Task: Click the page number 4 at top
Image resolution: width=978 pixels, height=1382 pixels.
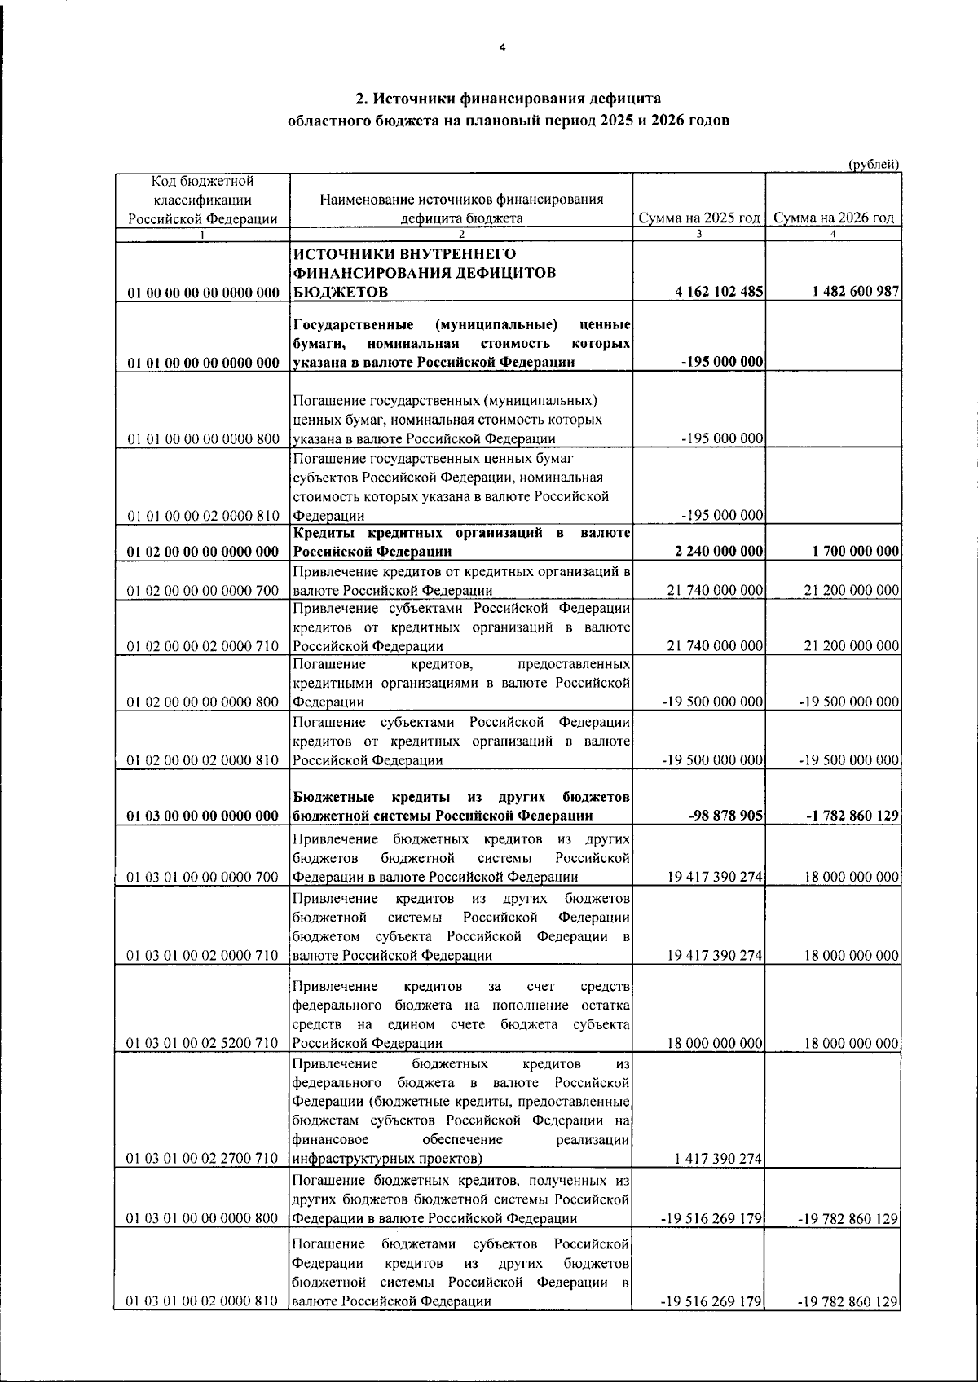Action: click(502, 48)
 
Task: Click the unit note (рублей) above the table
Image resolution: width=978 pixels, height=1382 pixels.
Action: click(874, 165)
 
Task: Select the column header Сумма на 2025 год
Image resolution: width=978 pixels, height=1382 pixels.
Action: click(699, 218)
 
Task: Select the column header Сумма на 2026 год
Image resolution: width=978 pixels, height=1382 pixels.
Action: click(834, 218)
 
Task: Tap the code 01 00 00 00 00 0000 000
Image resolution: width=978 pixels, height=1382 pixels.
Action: click(203, 293)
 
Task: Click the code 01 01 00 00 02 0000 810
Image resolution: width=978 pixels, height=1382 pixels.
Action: click(203, 516)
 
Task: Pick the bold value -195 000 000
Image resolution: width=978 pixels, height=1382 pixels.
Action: click(721, 363)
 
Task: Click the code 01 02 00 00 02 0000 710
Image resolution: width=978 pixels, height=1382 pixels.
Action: click(203, 646)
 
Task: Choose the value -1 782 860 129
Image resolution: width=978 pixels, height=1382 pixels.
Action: click(852, 816)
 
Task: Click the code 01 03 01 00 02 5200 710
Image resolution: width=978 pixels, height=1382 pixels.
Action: click(203, 1044)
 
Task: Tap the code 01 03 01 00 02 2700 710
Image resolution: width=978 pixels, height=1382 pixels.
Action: click(203, 1160)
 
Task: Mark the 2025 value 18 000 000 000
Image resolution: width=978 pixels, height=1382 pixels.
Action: click(715, 1044)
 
